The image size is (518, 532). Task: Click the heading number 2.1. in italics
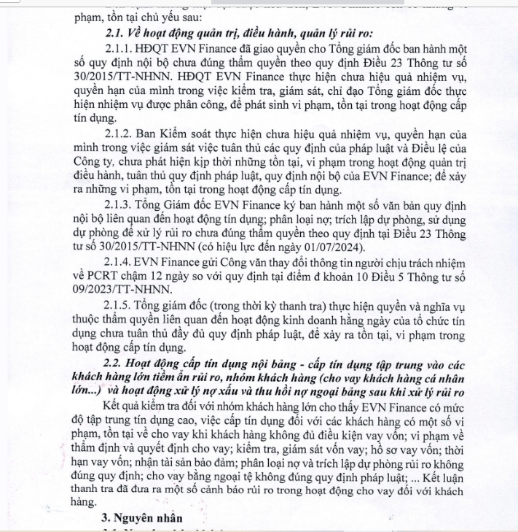117,31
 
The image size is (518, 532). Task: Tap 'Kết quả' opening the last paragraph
123,404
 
